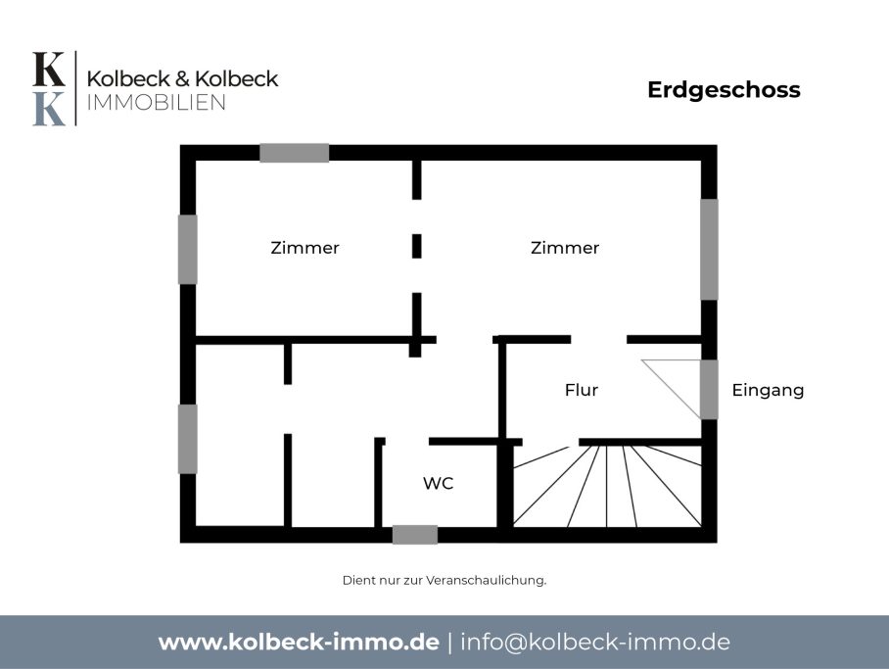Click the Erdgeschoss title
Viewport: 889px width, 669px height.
(x=724, y=90)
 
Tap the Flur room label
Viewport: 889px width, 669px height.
(x=582, y=391)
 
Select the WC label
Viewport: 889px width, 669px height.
(x=439, y=484)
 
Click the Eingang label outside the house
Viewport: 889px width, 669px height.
(x=768, y=391)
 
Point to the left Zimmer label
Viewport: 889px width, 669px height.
(x=304, y=248)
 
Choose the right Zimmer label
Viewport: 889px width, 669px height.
(x=565, y=248)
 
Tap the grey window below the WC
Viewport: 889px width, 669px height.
(x=415, y=535)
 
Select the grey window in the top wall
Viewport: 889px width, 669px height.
(x=295, y=153)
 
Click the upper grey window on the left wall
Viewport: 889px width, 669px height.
(x=188, y=249)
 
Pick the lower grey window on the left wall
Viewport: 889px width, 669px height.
(x=188, y=439)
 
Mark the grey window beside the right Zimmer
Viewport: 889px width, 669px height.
(x=709, y=249)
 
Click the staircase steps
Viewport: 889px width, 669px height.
(x=607, y=486)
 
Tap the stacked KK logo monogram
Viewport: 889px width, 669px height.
(x=49, y=88)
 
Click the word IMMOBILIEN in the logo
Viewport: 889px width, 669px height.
(x=156, y=103)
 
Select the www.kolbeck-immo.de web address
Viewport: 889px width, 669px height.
(x=299, y=643)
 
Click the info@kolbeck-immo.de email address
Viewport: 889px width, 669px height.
(x=594, y=643)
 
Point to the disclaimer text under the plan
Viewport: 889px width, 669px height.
(x=444, y=581)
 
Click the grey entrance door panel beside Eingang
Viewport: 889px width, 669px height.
(x=709, y=389)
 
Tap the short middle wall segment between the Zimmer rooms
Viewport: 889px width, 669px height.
(x=417, y=246)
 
